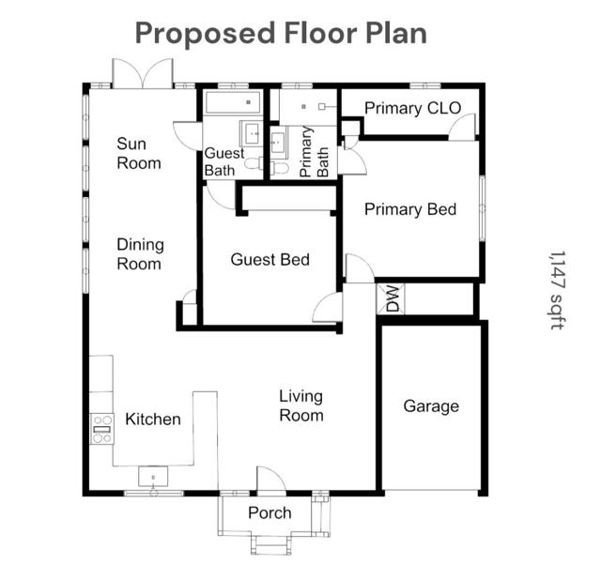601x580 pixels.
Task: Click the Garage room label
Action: click(x=431, y=406)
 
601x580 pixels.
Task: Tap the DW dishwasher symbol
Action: click(x=391, y=298)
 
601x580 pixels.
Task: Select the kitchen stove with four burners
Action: click(x=102, y=429)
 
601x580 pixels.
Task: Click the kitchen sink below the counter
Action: click(x=153, y=477)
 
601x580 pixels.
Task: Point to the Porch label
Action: click(x=270, y=512)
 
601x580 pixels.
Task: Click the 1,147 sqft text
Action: click(x=557, y=290)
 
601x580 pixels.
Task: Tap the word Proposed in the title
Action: click(x=205, y=34)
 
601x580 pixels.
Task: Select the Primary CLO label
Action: click(x=412, y=108)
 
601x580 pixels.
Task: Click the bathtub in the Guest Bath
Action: click(x=233, y=102)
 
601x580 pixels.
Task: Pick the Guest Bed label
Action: click(x=270, y=260)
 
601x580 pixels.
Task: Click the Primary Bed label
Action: click(x=410, y=209)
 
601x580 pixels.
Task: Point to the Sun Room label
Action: click(x=138, y=154)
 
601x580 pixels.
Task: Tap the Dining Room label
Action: click(x=140, y=254)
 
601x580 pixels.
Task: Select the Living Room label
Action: click(x=300, y=405)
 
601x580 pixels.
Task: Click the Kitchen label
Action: click(x=153, y=420)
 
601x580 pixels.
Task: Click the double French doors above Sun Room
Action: click(x=143, y=73)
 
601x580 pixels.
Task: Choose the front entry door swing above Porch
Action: click(x=271, y=480)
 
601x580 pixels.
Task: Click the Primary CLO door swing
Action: click(x=462, y=127)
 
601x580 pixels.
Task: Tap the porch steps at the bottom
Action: click(x=270, y=544)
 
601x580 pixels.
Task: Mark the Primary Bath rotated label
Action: click(x=314, y=152)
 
